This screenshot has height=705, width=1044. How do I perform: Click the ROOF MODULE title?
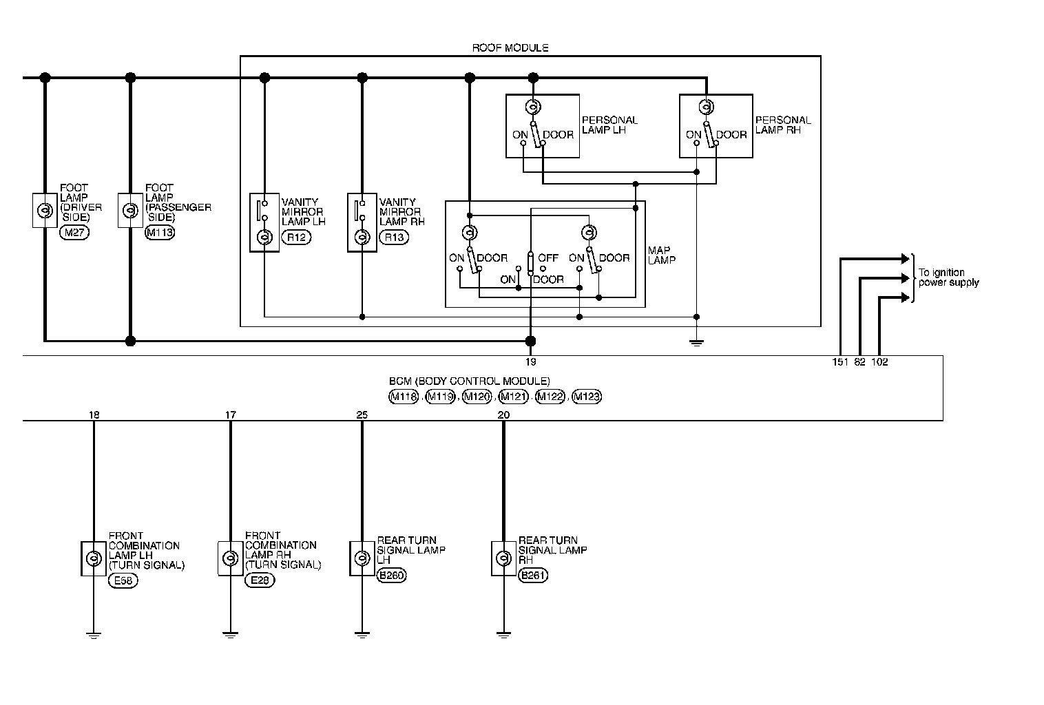510,48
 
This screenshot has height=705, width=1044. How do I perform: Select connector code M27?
74,233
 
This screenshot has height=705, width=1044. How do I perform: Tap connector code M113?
160,233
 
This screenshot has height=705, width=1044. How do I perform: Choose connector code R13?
394,238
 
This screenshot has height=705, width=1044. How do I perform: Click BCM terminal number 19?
530,361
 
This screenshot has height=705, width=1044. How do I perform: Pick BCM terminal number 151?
840,362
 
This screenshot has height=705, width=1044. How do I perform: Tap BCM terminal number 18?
94,414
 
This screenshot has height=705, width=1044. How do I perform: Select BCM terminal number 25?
362,414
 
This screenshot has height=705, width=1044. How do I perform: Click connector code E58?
123,580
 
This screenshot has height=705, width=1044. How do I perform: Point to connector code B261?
533,576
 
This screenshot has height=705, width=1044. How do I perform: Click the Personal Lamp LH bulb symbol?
532,107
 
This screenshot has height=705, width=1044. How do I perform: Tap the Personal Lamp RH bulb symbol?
706,107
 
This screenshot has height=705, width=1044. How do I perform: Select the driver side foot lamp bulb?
45,210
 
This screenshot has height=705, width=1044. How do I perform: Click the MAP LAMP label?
662,255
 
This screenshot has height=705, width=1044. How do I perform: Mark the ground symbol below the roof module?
696,341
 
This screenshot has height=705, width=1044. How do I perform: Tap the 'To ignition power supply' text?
948,277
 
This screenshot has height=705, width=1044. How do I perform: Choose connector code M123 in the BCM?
587,397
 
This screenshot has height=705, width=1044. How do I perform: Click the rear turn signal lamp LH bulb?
362,558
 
